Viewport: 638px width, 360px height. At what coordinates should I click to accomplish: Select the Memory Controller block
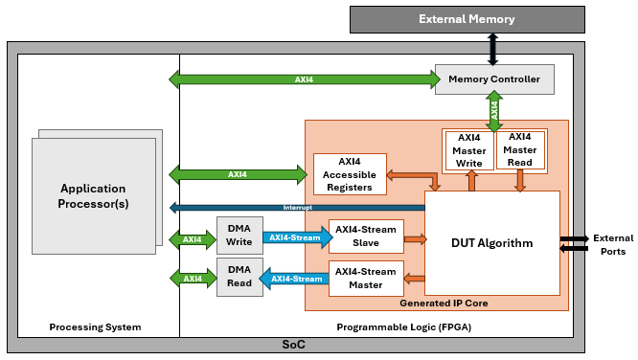tap(494, 79)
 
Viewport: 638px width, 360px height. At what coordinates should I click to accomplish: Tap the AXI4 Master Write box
tap(469, 150)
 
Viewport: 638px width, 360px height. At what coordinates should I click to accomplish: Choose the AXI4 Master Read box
tap(521, 150)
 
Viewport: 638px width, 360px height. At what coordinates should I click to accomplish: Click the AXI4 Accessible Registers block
tap(350, 174)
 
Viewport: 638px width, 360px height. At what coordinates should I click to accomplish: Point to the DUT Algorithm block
tap(491, 243)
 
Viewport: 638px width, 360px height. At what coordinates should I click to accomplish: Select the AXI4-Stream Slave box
tap(364, 238)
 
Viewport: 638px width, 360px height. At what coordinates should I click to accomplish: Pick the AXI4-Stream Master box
tap(364, 278)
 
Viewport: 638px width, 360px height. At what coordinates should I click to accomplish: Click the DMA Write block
tap(239, 238)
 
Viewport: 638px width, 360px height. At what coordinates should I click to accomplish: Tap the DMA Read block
tap(239, 278)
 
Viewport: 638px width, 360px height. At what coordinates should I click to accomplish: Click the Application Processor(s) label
tap(94, 195)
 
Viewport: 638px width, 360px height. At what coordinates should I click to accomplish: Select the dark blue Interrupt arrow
tap(297, 208)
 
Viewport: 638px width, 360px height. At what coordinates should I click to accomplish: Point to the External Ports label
tap(613, 243)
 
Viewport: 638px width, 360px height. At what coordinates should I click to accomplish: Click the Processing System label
tap(95, 327)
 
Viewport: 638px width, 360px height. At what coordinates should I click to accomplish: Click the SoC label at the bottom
tap(293, 344)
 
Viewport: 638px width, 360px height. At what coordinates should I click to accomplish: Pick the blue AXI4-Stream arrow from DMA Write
tap(294, 238)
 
